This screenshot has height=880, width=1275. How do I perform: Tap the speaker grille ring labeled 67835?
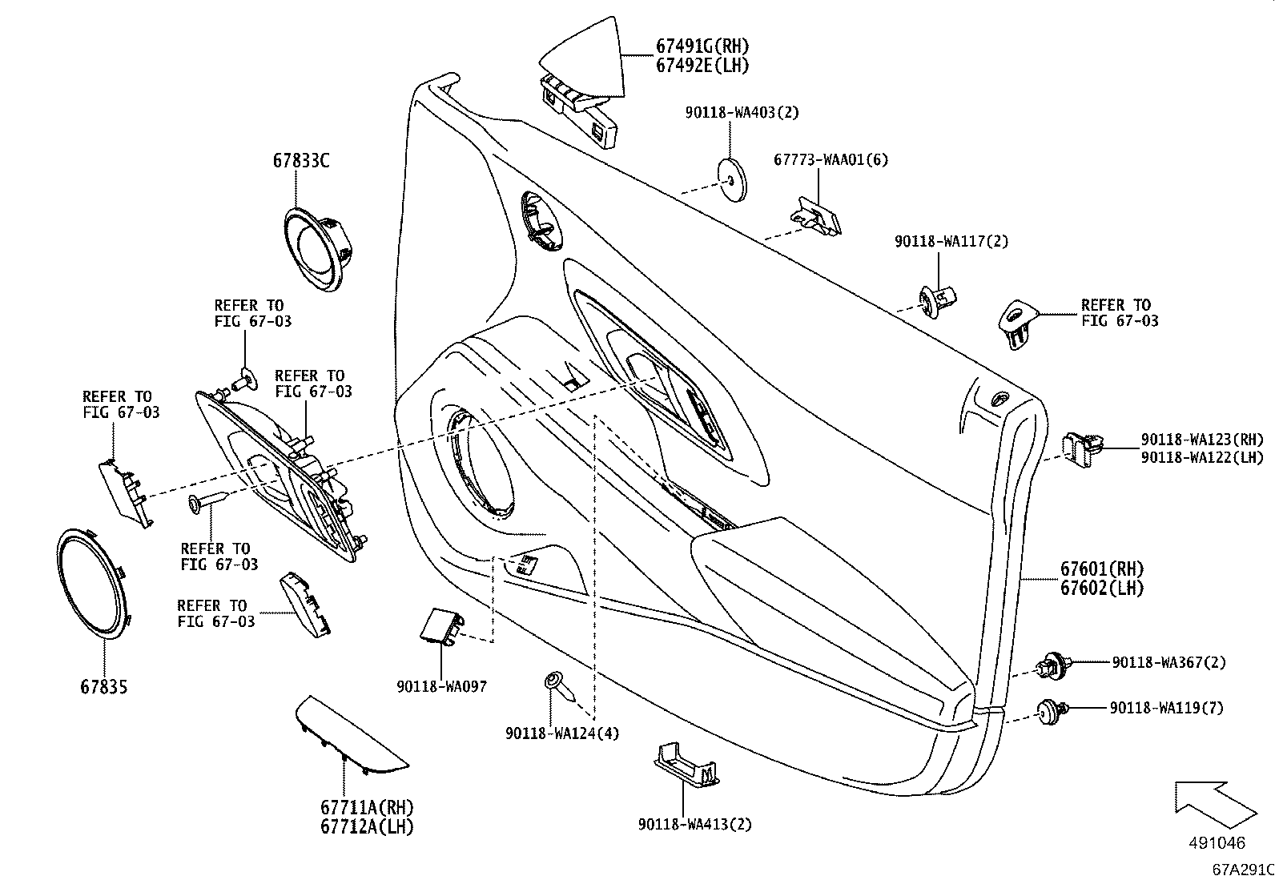point(95,582)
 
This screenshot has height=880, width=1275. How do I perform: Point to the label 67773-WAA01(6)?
point(831,159)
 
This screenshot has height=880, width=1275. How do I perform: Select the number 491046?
point(1217,843)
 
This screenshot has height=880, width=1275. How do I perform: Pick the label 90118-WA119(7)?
point(1166,708)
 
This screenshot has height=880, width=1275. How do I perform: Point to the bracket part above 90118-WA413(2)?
point(686,764)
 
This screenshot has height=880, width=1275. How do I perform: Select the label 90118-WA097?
point(441,686)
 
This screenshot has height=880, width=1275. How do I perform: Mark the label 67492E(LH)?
point(702,66)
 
